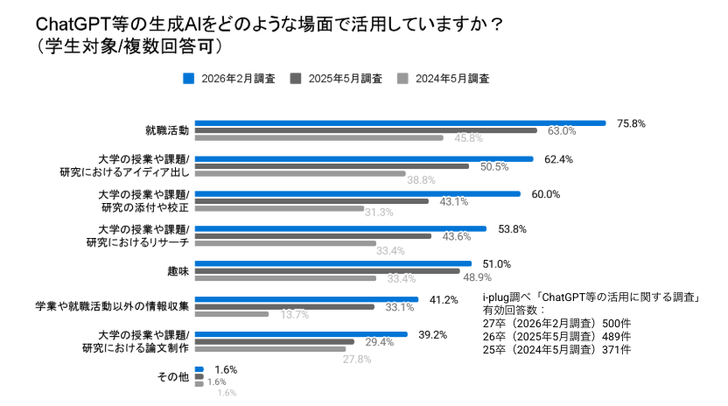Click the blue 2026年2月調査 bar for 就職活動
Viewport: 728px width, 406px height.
click(x=400, y=123)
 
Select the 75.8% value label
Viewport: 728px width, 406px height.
click(x=631, y=123)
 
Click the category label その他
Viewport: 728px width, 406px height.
click(x=172, y=376)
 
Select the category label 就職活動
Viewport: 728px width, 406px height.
click(x=167, y=130)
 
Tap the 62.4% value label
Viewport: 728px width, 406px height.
click(x=558, y=159)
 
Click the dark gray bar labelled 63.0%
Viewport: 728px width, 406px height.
click(x=366, y=130)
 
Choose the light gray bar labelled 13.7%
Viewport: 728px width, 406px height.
click(x=231, y=313)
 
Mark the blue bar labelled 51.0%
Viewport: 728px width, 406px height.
click(x=332, y=263)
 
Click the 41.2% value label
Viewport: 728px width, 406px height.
click(x=444, y=299)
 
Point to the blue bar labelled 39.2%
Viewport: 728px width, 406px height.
click(x=301, y=333)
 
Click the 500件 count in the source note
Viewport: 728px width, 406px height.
click(x=613, y=323)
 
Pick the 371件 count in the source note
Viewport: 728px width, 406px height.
click(x=612, y=349)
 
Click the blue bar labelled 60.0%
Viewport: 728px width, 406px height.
click(x=357, y=193)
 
